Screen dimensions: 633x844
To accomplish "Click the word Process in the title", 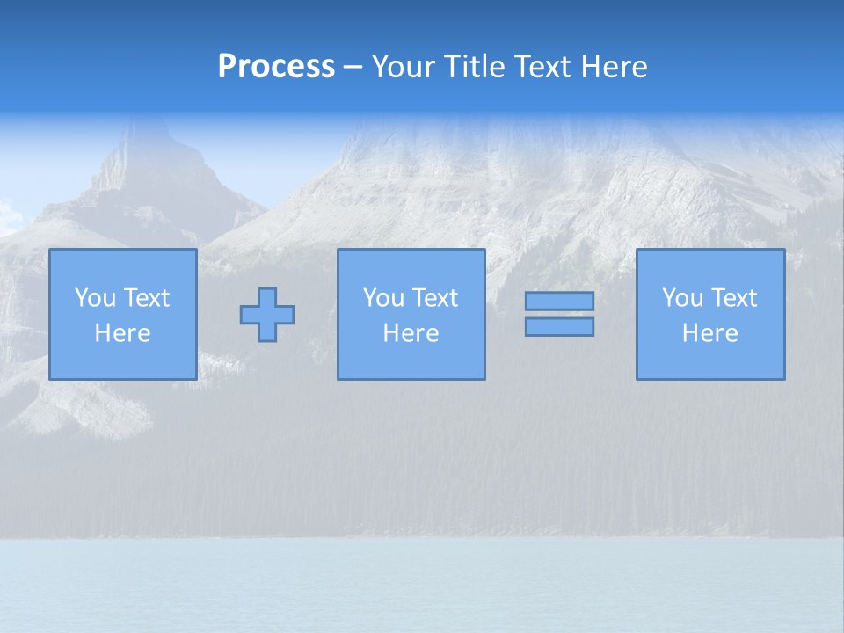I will (276, 67).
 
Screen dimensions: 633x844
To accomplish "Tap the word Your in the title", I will (404, 67).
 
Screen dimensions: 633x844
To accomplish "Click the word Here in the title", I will (615, 67).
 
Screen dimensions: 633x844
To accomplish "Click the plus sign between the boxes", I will (267, 315).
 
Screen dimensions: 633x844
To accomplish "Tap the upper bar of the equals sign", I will (559, 301).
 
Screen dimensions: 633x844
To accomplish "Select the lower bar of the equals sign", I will (559, 327).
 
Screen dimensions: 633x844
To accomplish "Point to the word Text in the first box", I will (146, 298).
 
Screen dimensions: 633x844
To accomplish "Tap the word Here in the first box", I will (122, 333).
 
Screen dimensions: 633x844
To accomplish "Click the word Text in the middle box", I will (434, 298).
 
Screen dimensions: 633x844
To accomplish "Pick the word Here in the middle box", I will (411, 333).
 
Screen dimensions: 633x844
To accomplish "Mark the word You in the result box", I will (683, 298).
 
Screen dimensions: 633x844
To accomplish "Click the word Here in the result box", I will (709, 333).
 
